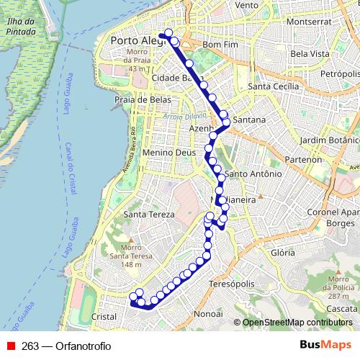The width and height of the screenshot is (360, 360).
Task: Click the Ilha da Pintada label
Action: coord(20,27)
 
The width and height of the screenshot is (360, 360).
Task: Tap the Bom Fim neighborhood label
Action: coord(220,44)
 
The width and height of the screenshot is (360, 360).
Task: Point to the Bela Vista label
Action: coord(310,54)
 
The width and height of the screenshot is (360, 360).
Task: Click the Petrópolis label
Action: coord(340,73)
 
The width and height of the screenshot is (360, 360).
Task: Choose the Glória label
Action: coord(280,253)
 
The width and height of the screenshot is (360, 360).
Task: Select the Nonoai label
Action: coord(209,315)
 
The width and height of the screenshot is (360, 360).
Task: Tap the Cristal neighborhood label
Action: coord(104,316)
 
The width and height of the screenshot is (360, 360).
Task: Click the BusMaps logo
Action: coord(325,346)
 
